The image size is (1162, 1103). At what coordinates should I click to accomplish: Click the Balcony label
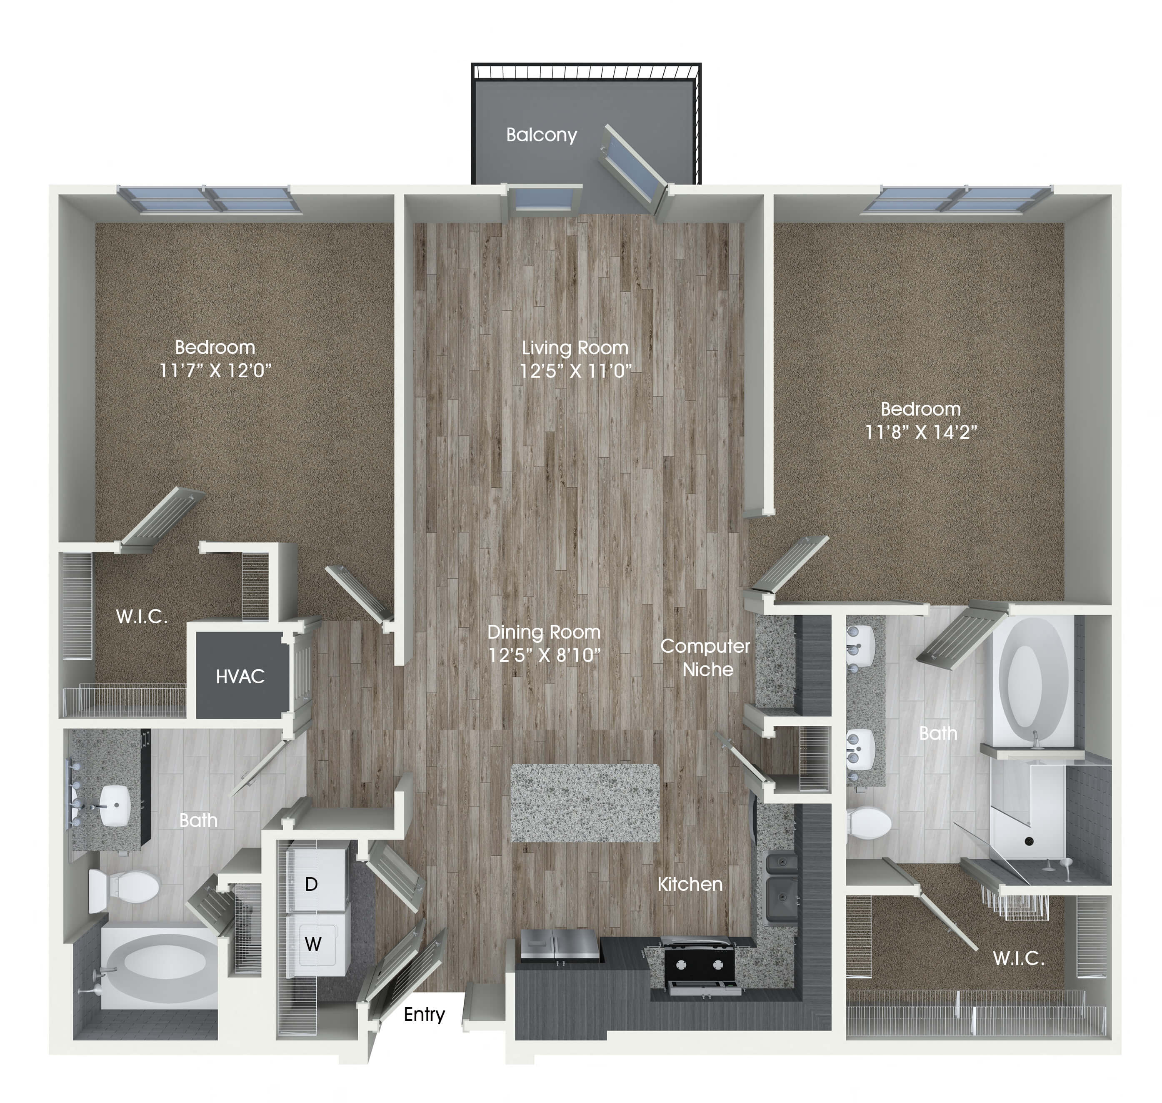[541, 135]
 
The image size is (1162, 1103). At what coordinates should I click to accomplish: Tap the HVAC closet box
[240, 676]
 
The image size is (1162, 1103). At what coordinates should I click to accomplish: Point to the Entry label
[424, 1014]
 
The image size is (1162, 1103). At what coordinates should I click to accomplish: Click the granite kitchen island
[585, 802]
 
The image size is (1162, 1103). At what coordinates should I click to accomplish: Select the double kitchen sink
[781, 882]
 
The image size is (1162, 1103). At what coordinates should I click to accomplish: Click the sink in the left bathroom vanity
[114, 805]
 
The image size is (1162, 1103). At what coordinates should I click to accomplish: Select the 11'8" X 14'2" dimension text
[920, 432]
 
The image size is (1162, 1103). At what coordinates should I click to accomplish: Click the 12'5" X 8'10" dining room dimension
[544, 655]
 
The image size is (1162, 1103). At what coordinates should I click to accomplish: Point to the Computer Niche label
[705, 657]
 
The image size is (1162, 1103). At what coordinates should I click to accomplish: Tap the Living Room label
[575, 348]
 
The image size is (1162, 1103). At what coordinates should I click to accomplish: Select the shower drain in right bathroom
[1029, 841]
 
